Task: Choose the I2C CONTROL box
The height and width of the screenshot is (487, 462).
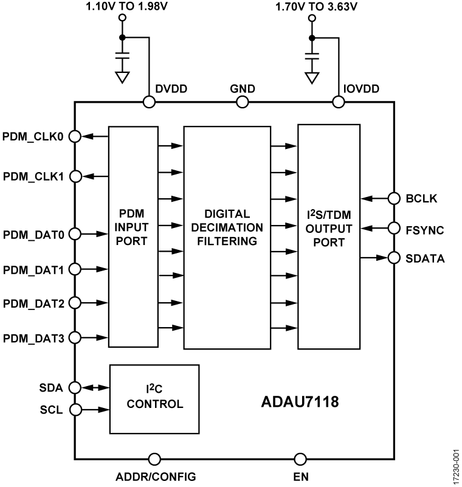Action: [x=154, y=398]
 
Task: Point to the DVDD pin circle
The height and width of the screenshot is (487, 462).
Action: [x=148, y=102]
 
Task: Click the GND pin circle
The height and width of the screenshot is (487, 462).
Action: [x=242, y=102]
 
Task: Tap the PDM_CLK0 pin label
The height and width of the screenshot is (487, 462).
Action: [x=34, y=136]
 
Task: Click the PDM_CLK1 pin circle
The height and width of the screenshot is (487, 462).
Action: [x=74, y=176]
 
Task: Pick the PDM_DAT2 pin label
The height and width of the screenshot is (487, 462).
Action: [x=34, y=303]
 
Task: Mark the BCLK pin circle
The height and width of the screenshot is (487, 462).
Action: [x=394, y=198]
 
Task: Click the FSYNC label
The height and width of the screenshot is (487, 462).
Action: [x=425, y=229]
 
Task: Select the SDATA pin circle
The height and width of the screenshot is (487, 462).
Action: [x=394, y=258]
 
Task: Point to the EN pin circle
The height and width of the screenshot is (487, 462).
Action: [x=300, y=458]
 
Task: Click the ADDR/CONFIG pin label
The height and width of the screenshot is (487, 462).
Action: [x=156, y=476]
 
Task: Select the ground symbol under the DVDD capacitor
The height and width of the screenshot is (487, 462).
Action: [x=122, y=77]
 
